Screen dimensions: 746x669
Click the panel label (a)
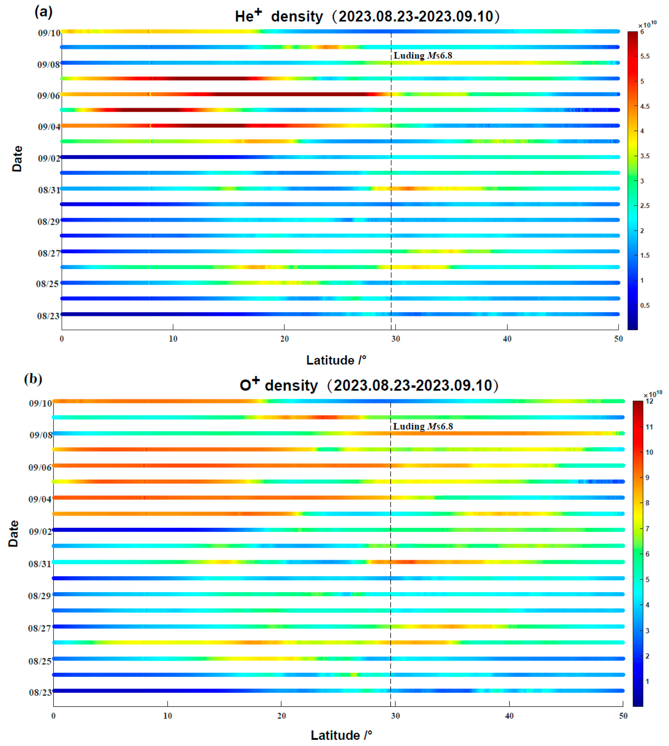pyautogui.click(x=43, y=12)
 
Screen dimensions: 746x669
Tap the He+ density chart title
pyautogui.click(x=367, y=16)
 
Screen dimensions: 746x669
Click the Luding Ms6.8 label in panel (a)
pyautogui.click(x=423, y=56)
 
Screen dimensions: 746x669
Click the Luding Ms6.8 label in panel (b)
pyautogui.click(x=423, y=427)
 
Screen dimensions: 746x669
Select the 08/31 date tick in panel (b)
pyautogui.click(x=40, y=564)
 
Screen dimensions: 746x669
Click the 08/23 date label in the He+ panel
pyautogui.click(x=48, y=316)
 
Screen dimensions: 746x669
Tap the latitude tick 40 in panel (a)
pyautogui.click(x=507, y=339)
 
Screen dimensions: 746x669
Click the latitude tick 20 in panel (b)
pyautogui.click(x=281, y=716)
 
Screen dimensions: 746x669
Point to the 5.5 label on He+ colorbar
pyautogui.click(x=645, y=56)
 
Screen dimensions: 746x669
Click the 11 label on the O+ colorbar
pyautogui.click(x=649, y=427)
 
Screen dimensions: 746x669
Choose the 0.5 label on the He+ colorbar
pyautogui.click(x=645, y=306)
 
